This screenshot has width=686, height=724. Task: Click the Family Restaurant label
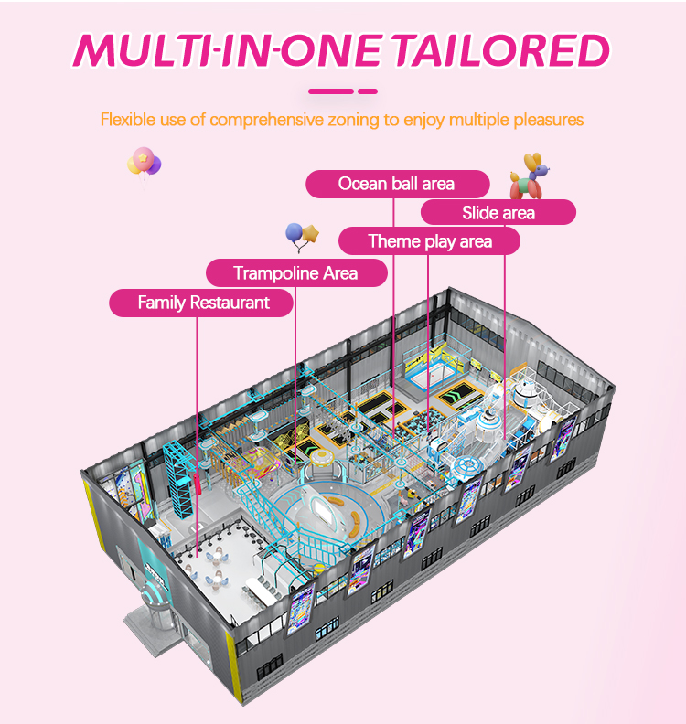click(x=203, y=303)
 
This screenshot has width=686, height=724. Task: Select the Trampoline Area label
click(x=295, y=272)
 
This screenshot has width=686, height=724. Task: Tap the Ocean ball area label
click(x=396, y=184)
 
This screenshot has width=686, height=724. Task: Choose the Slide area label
click(x=498, y=213)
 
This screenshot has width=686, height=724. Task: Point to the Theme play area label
click(x=429, y=241)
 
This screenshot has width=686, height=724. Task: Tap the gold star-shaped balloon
click(x=311, y=233)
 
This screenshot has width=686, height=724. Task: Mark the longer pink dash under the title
click(x=331, y=91)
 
